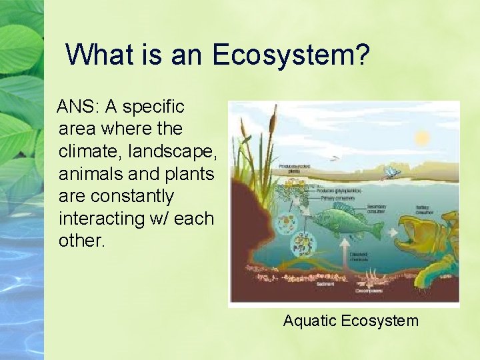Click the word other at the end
click(x=82, y=241)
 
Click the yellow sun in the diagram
click(x=422, y=138)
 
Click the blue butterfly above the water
click(x=391, y=173)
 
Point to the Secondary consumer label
click(x=376, y=209)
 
